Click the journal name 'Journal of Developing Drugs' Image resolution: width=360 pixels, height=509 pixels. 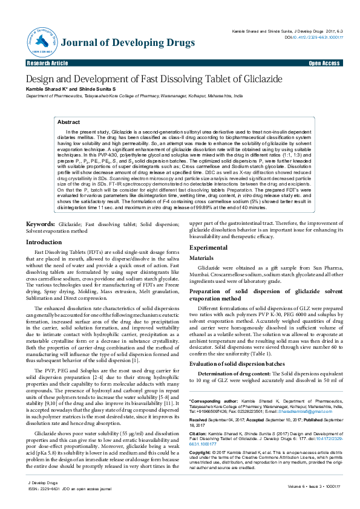tap(128, 43)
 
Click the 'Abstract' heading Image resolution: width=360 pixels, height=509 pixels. tap(68, 122)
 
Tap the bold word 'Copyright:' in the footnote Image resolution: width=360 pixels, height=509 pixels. tap(201, 452)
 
